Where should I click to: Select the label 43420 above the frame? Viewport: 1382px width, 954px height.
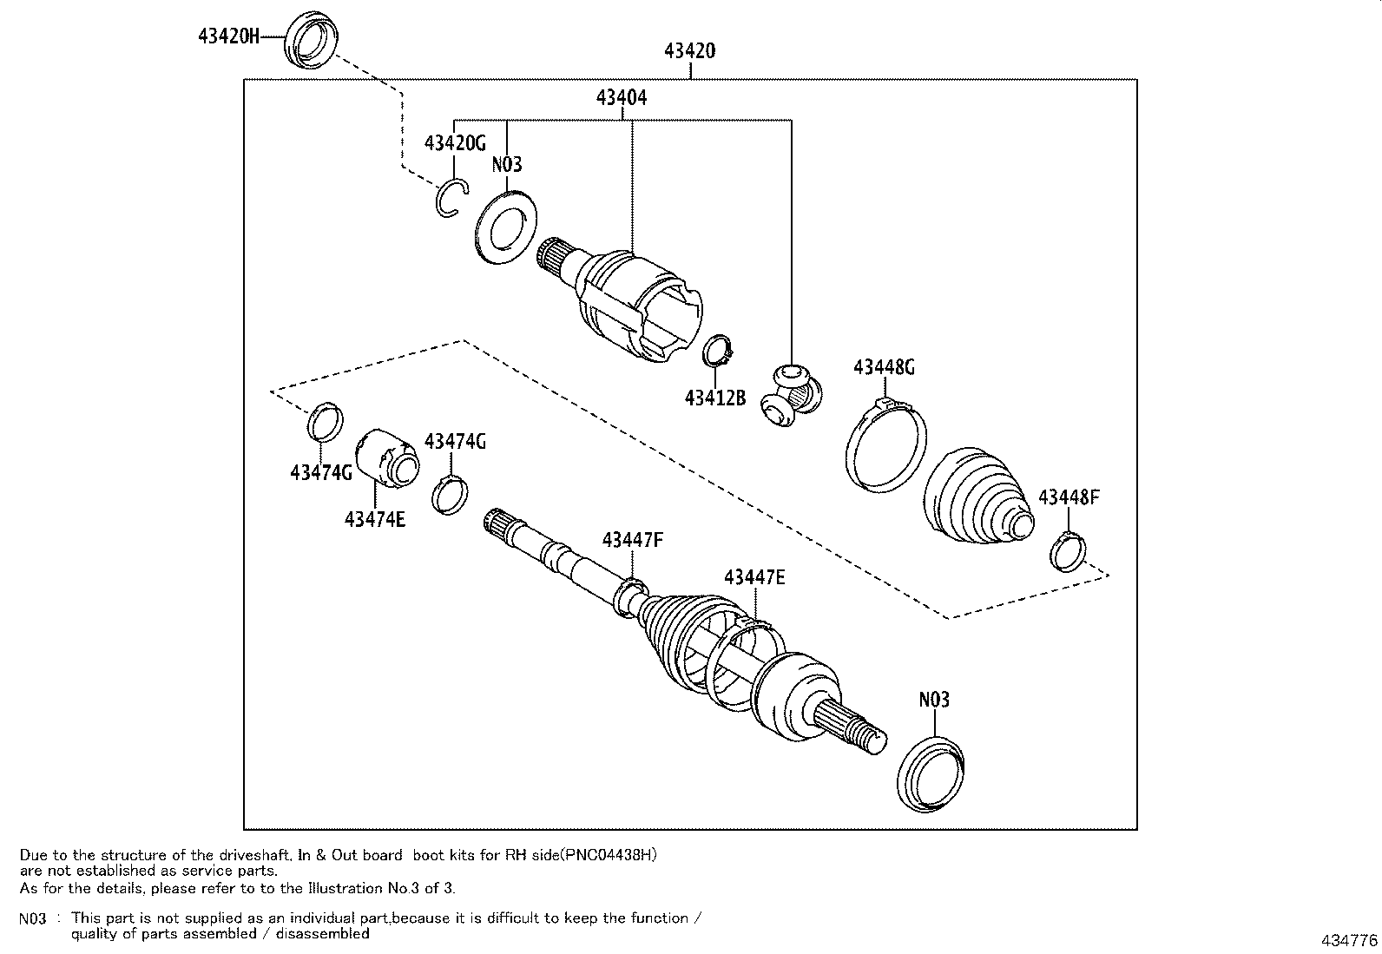click(690, 51)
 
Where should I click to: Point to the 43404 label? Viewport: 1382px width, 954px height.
click(621, 98)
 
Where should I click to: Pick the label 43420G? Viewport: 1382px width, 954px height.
click(455, 143)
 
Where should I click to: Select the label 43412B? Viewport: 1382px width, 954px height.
click(714, 398)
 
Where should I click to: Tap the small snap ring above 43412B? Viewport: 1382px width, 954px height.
click(718, 350)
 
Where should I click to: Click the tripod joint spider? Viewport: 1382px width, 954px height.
click(789, 395)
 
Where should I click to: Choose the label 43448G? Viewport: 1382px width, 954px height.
click(884, 367)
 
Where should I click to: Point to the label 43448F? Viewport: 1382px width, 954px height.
click(1069, 497)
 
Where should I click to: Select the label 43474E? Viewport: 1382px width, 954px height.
click(375, 519)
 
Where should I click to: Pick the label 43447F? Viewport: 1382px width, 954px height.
click(633, 541)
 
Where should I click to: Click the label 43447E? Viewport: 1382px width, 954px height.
click(754, 577)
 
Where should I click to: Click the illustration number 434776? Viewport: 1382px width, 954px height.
click(1349, 940)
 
